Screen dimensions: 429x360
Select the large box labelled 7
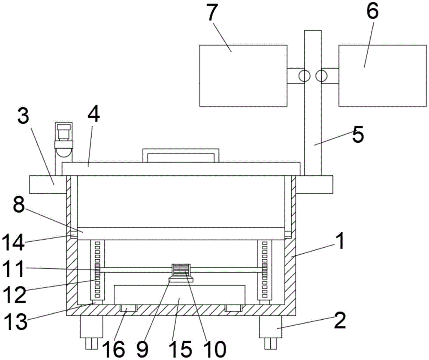click(x=243, y=75)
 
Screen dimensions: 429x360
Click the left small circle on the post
click(x=305, y=76)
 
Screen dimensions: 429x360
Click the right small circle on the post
click(x=321, y=76)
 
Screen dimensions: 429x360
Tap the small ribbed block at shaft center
click(x=181, y=271)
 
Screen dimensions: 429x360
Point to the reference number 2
click(x=340, y=321)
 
